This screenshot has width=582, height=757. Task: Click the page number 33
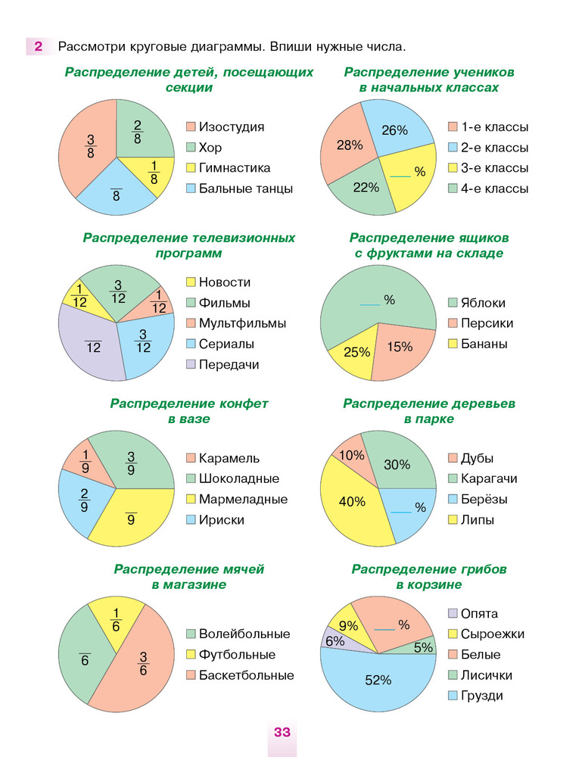coord(282,732)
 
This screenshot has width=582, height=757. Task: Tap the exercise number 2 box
coord(37,46)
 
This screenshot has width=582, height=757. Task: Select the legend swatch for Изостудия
coord(191,127)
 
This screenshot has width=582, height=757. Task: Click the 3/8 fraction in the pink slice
coord(91,146)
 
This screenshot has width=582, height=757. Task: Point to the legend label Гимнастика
coord(235,168)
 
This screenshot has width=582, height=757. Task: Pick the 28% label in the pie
coord(349,145)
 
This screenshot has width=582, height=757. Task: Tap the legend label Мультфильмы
coord(242,323)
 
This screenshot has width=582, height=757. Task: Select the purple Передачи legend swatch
coord(191,364)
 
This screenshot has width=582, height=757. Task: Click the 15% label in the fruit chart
coord(400,347)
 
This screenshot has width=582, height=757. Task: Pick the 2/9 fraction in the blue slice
coord(84,501)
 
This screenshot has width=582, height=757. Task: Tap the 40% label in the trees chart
coord(352,501)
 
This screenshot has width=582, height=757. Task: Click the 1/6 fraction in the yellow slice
coord(116,619)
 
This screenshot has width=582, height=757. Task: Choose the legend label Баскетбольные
coord(246,674)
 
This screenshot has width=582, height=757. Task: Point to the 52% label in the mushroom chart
coord(378,680)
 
